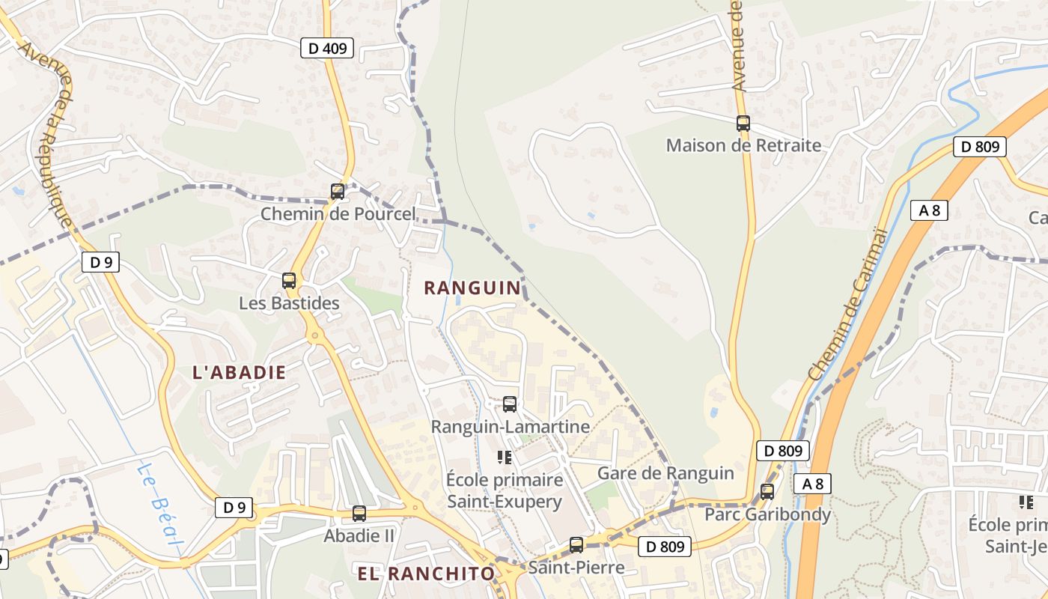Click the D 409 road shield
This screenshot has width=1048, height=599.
326,49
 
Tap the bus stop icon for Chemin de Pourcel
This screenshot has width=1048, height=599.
338,192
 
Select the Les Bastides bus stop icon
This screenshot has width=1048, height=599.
289,281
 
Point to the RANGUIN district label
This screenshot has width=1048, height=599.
472,288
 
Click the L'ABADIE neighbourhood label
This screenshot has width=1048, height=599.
240,372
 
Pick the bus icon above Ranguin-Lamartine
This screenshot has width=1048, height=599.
510,404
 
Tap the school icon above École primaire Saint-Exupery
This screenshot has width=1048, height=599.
504,457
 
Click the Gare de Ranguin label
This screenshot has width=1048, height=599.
665,473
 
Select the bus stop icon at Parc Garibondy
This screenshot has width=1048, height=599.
767,492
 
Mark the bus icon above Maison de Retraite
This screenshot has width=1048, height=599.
743,124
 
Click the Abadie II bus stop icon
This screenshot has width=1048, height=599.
359,514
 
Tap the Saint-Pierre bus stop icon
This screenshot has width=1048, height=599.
576,545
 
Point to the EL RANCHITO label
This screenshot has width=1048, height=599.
426,574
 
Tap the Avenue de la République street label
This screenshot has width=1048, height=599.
46,135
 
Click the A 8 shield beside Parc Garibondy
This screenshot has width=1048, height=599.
812,484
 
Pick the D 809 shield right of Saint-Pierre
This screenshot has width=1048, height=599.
665,547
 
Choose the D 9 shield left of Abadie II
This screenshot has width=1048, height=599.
234,508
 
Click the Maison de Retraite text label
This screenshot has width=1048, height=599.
743,145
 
